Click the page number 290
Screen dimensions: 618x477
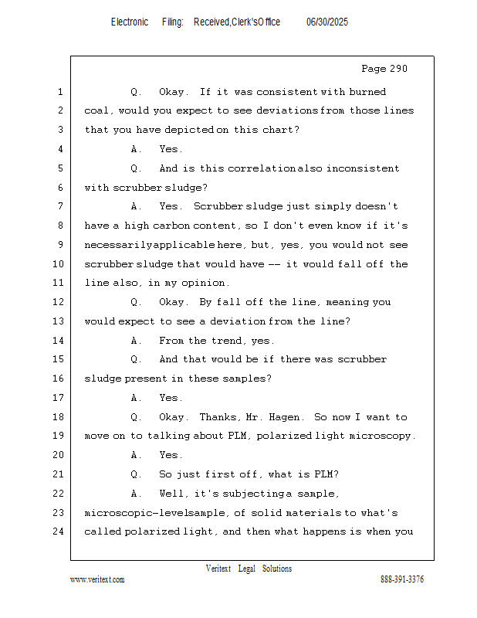pos(398,69)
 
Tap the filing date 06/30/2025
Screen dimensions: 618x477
pos(327,22)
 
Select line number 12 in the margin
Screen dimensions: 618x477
pos(59,302)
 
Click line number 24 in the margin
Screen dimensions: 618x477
pos(59,531)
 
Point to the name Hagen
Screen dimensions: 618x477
pos(285,417)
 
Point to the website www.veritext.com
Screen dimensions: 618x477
pos(97,579)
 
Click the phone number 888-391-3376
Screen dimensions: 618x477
pos(401,579)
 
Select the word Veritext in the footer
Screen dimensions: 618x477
pos(218,569)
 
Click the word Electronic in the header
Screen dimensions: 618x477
pos(130,22)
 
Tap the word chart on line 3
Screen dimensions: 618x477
pos(277,130)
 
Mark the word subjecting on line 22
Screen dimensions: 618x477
pos(235,494)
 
